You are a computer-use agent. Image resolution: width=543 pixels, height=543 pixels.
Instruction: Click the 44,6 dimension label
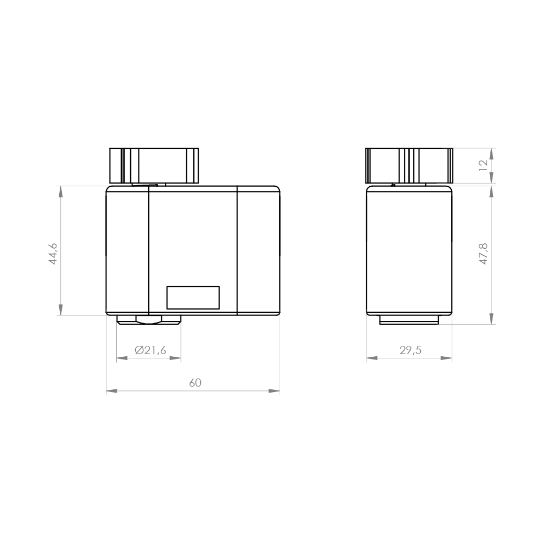(53, 253)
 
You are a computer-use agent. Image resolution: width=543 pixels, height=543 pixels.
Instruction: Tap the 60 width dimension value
(195, 382)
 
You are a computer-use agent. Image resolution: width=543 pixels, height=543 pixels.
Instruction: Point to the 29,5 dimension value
(411, 350)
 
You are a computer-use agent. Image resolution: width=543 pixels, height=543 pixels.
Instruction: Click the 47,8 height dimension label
(483, 254)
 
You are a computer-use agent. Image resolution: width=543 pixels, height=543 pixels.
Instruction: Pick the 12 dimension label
(483, 166)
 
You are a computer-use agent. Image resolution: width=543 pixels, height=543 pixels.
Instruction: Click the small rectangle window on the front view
(193, 298)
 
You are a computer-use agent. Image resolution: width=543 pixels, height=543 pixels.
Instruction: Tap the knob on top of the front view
(154, 165)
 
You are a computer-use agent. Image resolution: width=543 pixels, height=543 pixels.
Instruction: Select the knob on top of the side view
(409, 165)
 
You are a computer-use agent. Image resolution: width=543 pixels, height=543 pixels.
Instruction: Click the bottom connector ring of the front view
(149, 320)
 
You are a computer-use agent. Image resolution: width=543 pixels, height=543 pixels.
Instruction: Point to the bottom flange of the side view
(409, 320)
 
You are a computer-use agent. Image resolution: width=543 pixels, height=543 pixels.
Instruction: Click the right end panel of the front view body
(258, 250)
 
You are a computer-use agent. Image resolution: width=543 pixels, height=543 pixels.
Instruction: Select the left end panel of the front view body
(127, 250)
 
